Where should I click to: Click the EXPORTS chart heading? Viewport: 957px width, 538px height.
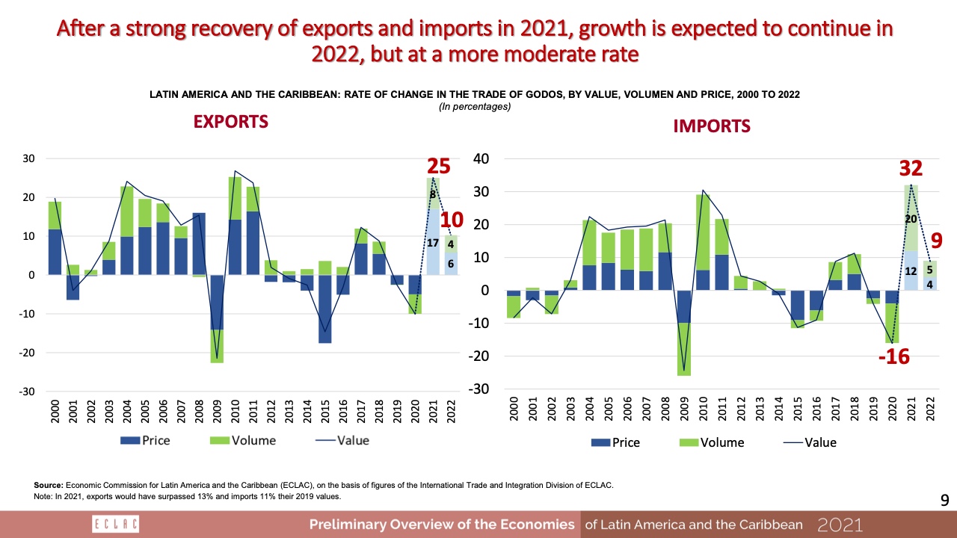pyautogui.click(x=231, y=122)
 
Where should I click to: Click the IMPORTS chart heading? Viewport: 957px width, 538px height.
pyautogui.click(x=711, y=126)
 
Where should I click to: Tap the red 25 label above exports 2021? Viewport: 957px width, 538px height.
pyautogui.click(x=438, y=167)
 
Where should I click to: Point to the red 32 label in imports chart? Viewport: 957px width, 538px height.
pyautogui.click(x=910, y=169)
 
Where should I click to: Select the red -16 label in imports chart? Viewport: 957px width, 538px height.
pyautogui.click(x=893, y=358)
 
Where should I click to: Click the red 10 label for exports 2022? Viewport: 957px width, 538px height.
pyautogui.click(x=453, y=220)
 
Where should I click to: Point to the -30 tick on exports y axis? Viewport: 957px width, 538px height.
pyautogui.click(x=28, y=392)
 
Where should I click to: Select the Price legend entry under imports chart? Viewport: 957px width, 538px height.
pyautogui.click(x=615, y=442)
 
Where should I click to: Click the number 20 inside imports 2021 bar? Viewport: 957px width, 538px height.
pyautogui.click(x=910, y=218)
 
